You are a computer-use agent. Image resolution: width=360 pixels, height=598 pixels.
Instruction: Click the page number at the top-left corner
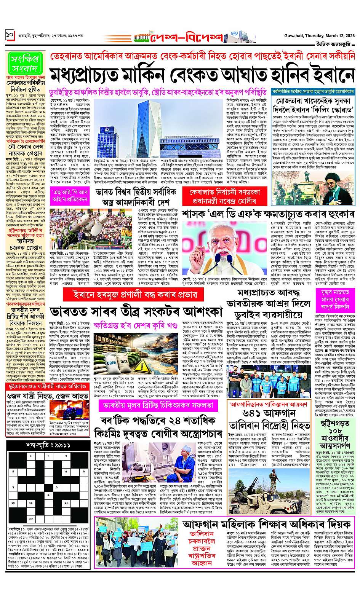10,36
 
